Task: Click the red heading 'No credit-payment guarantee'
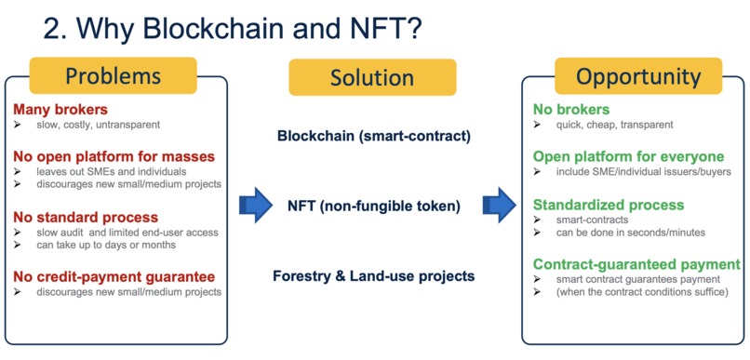tap(114, 276)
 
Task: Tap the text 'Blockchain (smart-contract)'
tap(374, 136)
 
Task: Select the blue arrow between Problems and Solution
tap(256, 205)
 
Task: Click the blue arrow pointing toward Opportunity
tap(499, 205)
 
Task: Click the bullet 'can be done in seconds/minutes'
tap(629, 233)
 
